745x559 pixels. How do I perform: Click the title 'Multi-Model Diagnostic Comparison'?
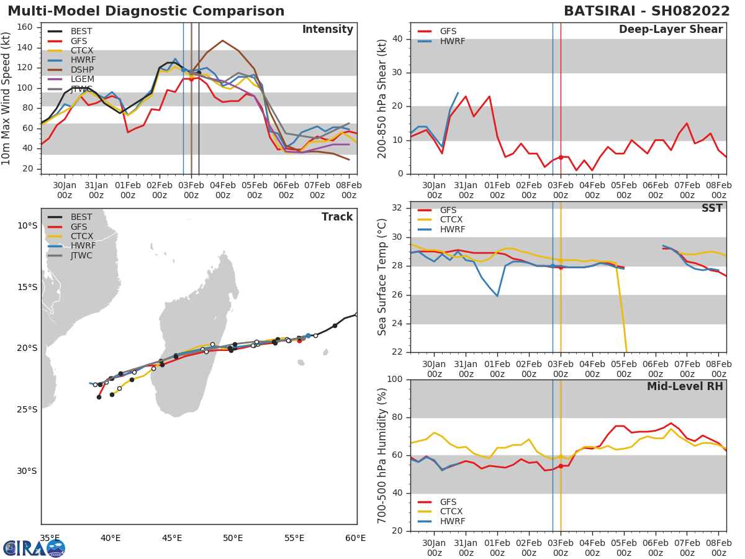tap(146, 11)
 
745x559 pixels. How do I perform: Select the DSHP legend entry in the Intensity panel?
tap(81, 70)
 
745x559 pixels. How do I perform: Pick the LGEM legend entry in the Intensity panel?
tap(81, 80)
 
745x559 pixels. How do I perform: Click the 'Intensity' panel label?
tap(327, 30)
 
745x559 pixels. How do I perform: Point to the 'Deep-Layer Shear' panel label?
tap(670, 30)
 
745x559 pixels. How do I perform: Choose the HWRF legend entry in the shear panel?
tap(452, 41)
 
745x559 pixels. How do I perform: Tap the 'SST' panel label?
tap(712, 209)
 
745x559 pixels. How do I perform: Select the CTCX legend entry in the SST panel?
tap(451, 220)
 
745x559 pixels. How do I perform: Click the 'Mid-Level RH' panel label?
tap(685, 387)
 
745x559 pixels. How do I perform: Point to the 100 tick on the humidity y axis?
tap(395, 379)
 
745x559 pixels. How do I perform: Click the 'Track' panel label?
tap(337, 217)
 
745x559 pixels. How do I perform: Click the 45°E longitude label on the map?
tap(171, 538)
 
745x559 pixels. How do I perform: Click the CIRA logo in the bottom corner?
tap(34, 548)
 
